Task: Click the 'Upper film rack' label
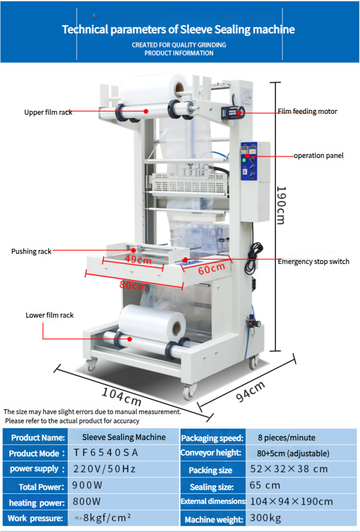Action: click(x=48, y=112)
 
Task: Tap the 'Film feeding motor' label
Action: click(x=307, y=111)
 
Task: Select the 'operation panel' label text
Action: click(x=318, y=155)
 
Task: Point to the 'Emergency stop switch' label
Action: click(x=314, y=261)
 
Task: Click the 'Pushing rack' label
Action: click(x=31, y=251)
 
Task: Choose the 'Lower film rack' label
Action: click(x=49, y=315)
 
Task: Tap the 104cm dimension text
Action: click(x=121, y=397)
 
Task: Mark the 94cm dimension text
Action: click(x=251, y=391)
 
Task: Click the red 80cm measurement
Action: click(x=133, y=285)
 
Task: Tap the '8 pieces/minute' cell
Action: click(x=287, y=437)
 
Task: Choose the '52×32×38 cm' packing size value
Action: click(x=289, y=469)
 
